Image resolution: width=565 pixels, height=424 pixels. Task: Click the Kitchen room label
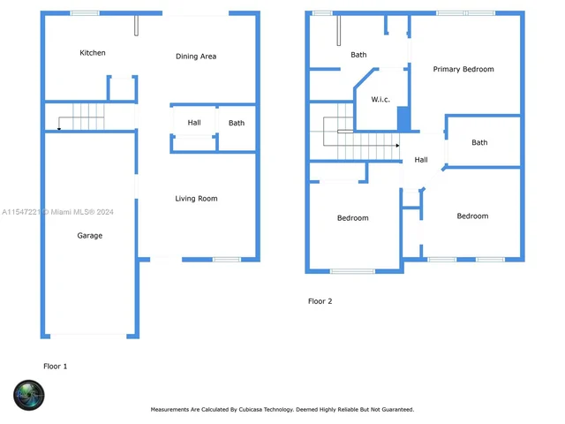93,53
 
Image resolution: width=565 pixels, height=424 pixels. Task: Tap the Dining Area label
196,57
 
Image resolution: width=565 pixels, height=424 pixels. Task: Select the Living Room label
196,199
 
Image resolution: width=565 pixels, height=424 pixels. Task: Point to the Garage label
89,236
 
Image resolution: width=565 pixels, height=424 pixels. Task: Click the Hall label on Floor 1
194,123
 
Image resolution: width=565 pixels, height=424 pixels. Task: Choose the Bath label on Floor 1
237,123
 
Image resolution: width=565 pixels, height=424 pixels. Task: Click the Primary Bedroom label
463,69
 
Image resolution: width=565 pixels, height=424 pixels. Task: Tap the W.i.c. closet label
380,99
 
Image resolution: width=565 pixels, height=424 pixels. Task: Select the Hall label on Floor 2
421,160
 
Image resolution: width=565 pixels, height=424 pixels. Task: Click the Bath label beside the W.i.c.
358,55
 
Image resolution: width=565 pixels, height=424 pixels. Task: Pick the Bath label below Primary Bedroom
479,142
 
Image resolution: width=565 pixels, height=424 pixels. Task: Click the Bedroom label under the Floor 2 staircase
353,217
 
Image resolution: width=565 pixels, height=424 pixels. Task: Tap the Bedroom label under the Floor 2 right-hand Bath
472,216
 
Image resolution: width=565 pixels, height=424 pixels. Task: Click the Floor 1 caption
55,366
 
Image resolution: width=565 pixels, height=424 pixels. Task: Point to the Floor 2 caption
320,301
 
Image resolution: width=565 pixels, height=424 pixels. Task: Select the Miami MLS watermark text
57,212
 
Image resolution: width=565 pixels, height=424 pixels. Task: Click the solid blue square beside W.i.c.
403,118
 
